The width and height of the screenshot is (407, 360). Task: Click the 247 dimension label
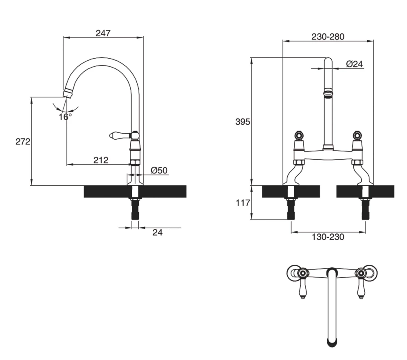(103, 33)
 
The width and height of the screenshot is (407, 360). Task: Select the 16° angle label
(65, 116)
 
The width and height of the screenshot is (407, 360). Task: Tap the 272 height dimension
(23, 142)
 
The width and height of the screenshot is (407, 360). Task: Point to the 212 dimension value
(101, 160)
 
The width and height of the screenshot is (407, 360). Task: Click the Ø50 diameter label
(159, 171)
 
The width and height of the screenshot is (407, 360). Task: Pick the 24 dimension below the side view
(157, 233)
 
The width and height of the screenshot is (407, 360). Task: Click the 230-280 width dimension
(328, 36)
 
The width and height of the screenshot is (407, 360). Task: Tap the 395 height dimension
(243, 122)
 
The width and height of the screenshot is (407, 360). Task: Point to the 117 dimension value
(243, 202)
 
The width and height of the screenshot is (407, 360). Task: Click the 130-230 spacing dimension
(328, 237)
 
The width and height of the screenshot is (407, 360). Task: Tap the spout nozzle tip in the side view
(68, 93)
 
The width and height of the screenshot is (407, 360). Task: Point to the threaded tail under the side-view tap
(135, 209)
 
